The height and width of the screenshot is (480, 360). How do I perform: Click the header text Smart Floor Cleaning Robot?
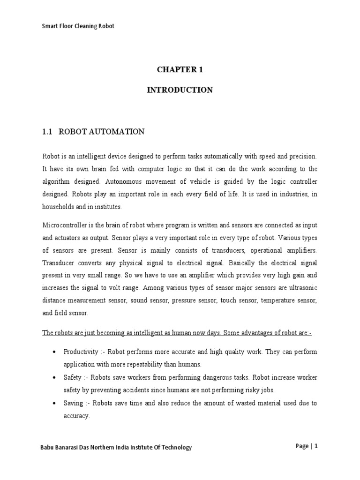(x=78, y=26)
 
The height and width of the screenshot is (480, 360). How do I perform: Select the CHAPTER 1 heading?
(x=180, y=69)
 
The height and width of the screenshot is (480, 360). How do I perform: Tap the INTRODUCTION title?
(x=180, y=90)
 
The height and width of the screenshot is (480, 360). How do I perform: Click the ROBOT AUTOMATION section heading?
(x=101, y=132)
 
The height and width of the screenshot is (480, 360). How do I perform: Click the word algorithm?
(x=56, y=181)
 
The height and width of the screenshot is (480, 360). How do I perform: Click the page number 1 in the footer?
(x=316, y=446)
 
